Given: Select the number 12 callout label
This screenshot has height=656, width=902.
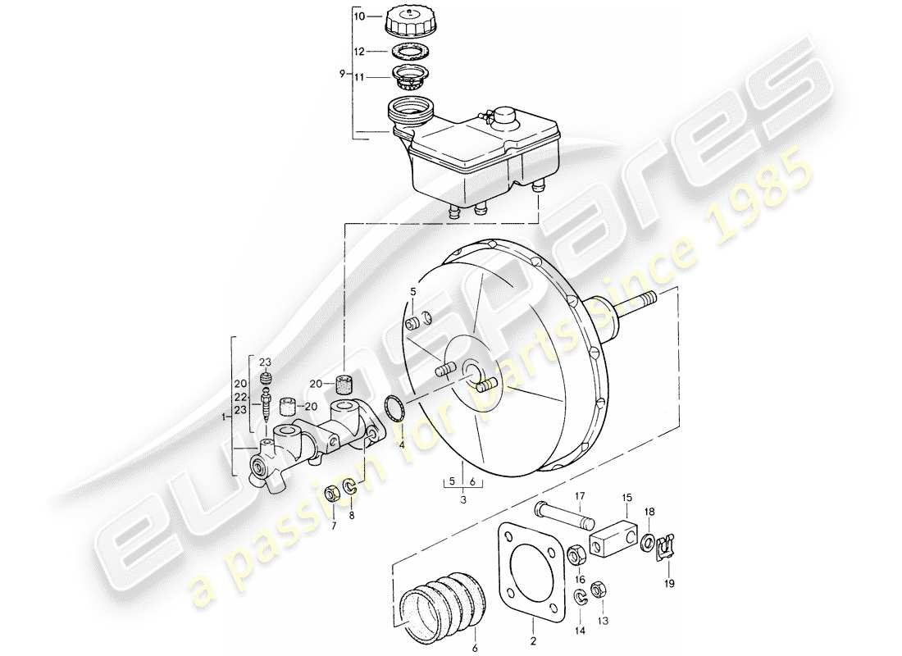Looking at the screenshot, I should click(358, 52).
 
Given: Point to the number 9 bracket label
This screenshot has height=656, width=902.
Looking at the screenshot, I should click(341, 75).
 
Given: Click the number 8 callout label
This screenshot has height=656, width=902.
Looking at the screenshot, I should click(352, 516).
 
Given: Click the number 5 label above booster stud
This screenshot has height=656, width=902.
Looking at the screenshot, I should click(413, 291).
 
